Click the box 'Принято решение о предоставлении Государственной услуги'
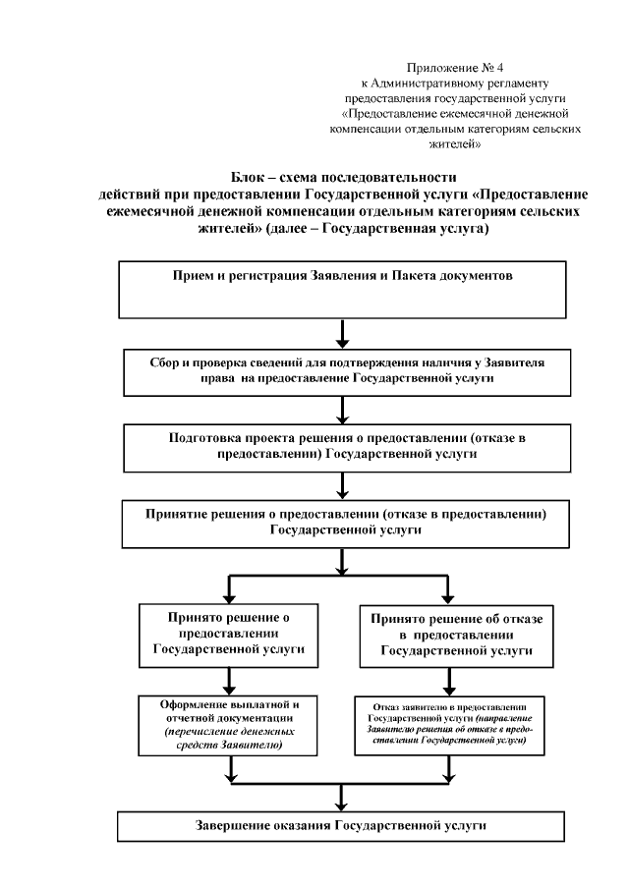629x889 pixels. (228, 633)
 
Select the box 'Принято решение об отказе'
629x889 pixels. (450, 634)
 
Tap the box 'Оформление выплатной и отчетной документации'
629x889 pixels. (228, 726)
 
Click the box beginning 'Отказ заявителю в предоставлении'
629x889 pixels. (450, 726)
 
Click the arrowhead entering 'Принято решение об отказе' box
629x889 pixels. (450, 595)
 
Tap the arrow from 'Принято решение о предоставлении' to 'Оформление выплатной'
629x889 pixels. (228, 680)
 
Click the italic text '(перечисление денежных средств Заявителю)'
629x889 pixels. (228, 740)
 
